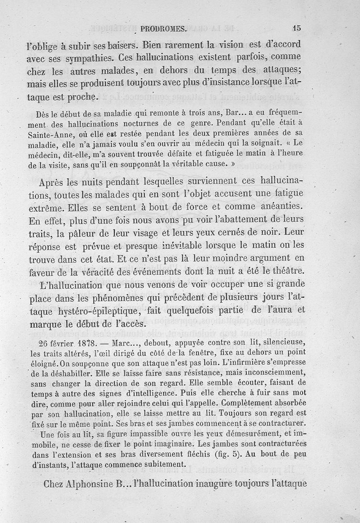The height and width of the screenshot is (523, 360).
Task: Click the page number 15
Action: click(x=296, y=27)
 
